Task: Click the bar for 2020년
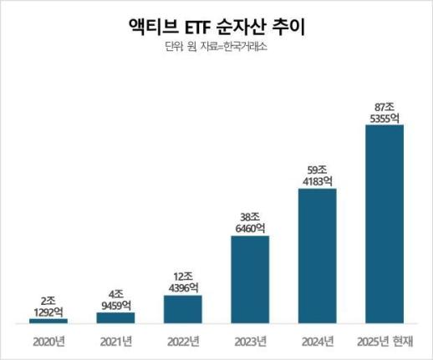tap(48, 321)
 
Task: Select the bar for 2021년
tap(115, 317)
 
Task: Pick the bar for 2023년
tap(249, 279)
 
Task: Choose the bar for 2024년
tap(317, 256)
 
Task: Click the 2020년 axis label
tap(48, 341)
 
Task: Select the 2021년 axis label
tap(115, 341)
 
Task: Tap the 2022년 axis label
tap(182, 341)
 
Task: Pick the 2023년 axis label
tap(249, 341)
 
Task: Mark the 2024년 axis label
tap(317, 341)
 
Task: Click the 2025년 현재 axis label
tap(385, 341)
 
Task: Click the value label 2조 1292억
tap(48, 307)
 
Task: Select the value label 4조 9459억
tap(115, 300)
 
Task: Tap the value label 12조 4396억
tap(182, 282)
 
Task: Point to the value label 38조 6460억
tap(249, 221)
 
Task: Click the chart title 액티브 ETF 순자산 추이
tap(216, 26)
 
